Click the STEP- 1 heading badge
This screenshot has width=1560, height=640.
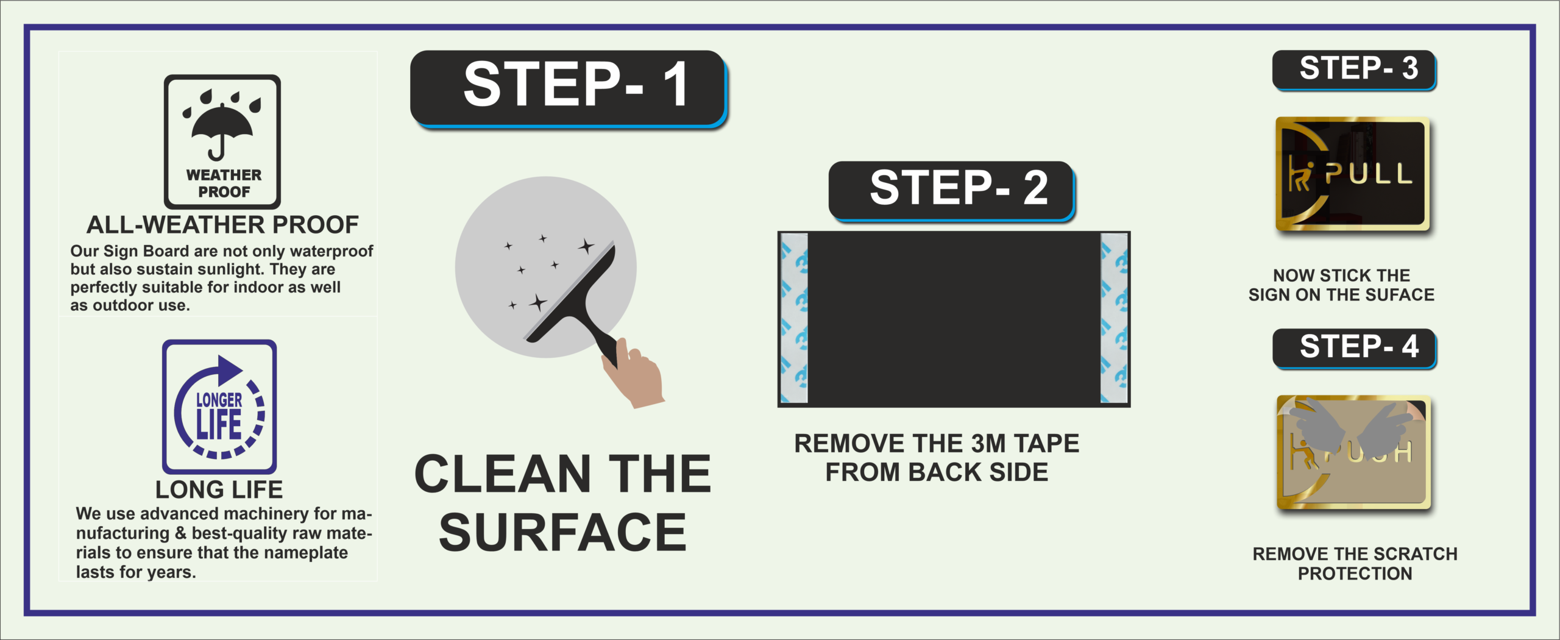[x=568, y=88]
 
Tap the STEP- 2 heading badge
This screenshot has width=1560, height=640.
[x=951, y=190]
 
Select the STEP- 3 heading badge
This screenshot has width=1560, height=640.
[x=1354, y=70]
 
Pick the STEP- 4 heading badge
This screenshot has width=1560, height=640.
[x=1354, y=349]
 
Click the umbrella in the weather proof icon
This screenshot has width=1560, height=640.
[x=222, y=128]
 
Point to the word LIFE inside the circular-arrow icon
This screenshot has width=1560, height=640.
[x=219, y=425]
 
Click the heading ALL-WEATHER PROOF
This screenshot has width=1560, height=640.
[x=222, y=225]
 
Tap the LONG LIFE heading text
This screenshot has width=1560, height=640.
[x=219, y=489]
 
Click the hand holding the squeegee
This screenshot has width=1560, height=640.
[x=634, y=373]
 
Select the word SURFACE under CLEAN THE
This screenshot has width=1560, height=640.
[x=562, y=532]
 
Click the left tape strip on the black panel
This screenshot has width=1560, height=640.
[x=794, y=318]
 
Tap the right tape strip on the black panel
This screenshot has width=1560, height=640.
[x=1114, y=318]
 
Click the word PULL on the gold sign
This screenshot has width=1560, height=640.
[x=1369, y=174]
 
